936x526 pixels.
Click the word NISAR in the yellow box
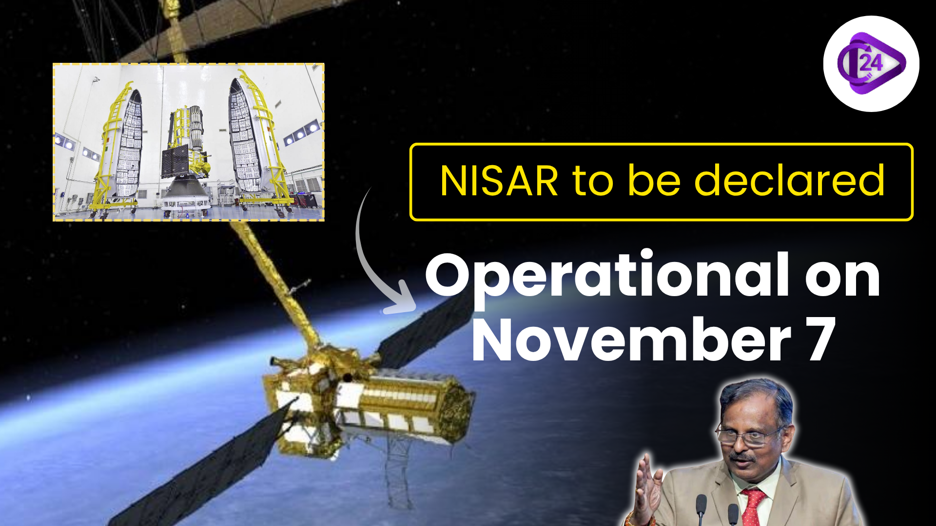pyautogui.click(x=499, y=181)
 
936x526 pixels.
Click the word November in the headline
pyautogui.click(x=631, y=339)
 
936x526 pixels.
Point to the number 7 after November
pyautogui.click(x=821, y=339)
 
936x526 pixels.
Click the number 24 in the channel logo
pyautogui.click(x=871, y=63)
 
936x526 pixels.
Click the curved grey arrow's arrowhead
pyautogui.click(x=402, y=300)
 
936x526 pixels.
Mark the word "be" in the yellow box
pyautogui.click(x=654, y=181)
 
